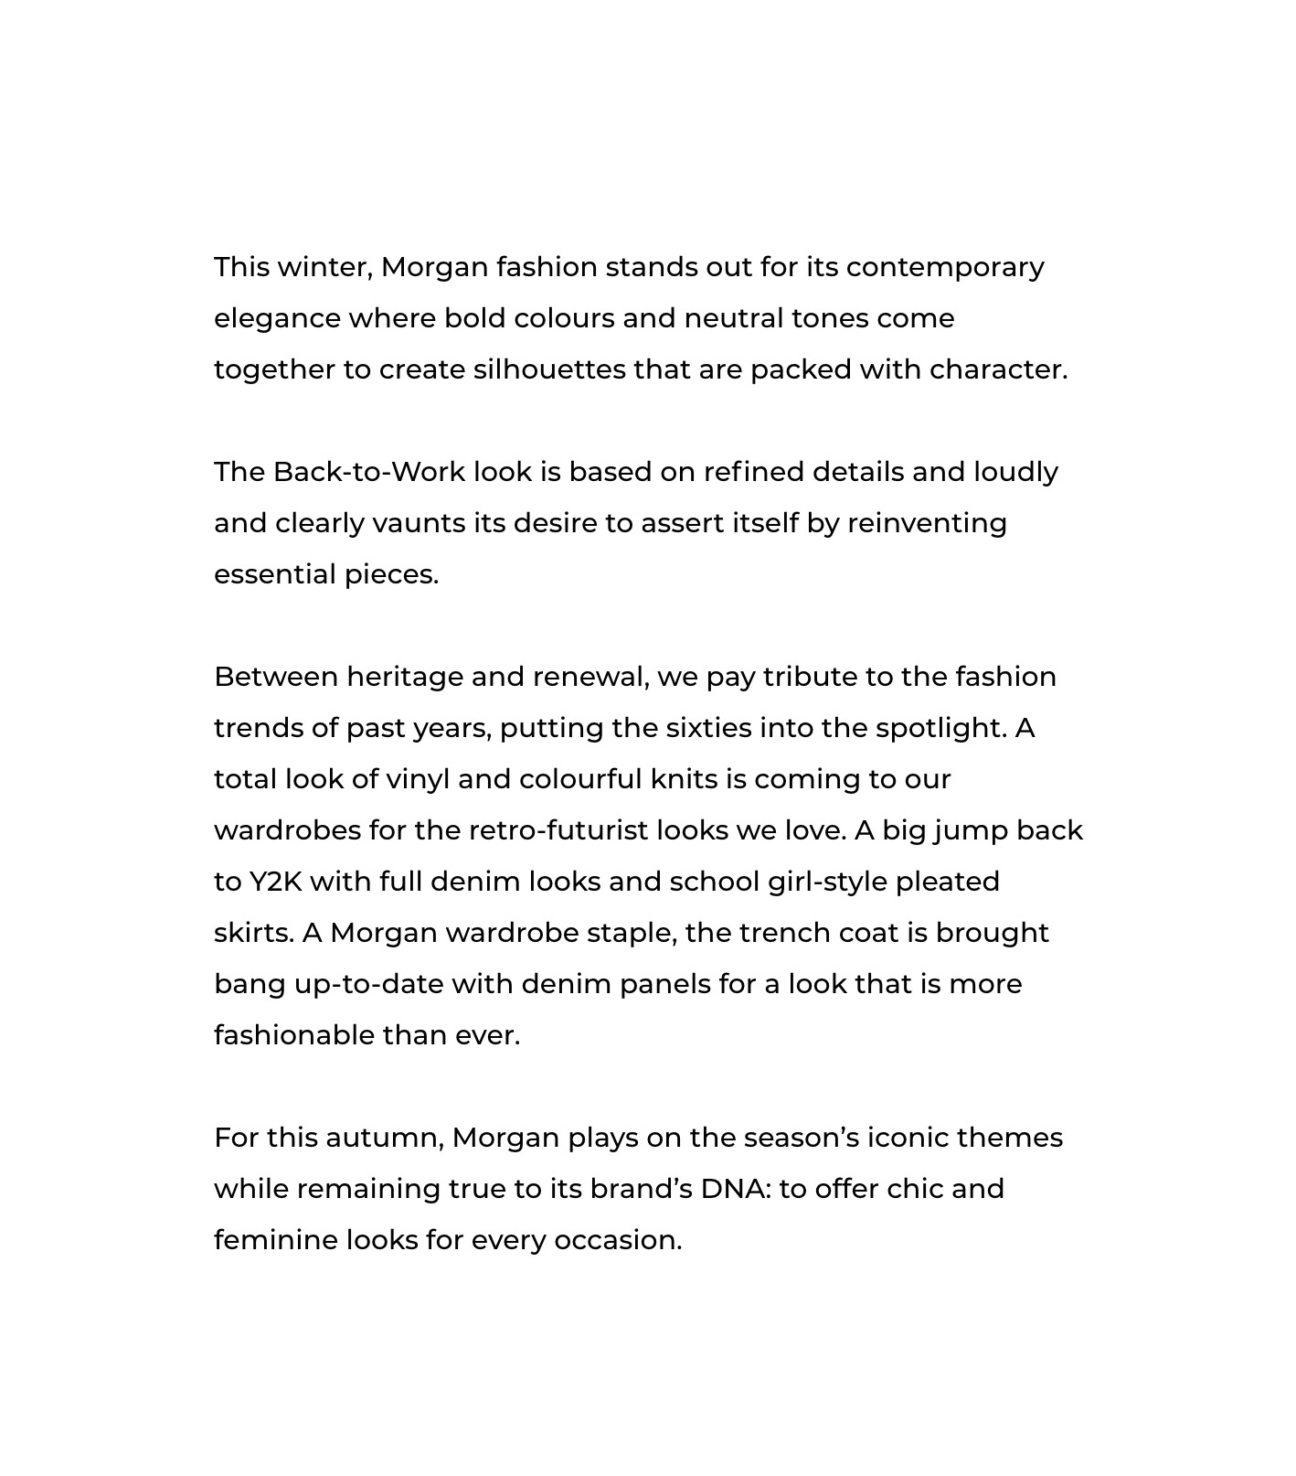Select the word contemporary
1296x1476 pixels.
pos(944,267)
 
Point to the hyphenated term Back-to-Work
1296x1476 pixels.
pos(368,472)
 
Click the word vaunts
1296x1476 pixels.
pos(419,524)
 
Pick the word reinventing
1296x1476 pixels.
pos(927,524)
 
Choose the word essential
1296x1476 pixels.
pos(275,574)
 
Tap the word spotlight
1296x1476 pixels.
pos(940,729)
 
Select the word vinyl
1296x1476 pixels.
pos(418,780)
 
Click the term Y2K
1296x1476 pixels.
pos(275,882)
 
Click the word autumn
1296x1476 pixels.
pos(384,1139)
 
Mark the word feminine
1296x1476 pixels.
pos(275,1240)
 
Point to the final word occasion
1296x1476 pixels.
pos(617,1240)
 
